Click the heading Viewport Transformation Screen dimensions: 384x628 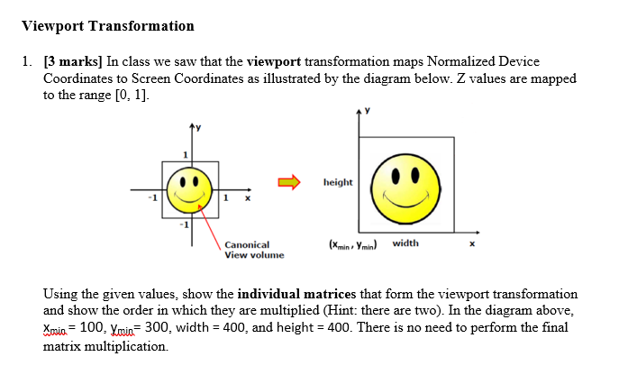(x=108, y=26)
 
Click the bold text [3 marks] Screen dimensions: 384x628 (x=71, y=62)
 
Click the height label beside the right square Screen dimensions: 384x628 (x=338, y=182)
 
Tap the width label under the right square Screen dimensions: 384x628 (x=405, y=243)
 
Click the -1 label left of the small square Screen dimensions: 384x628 (x=153, y=197)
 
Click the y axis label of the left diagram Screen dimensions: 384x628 (x=200, y=127)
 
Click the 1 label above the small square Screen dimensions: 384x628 (x=184, y=155)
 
